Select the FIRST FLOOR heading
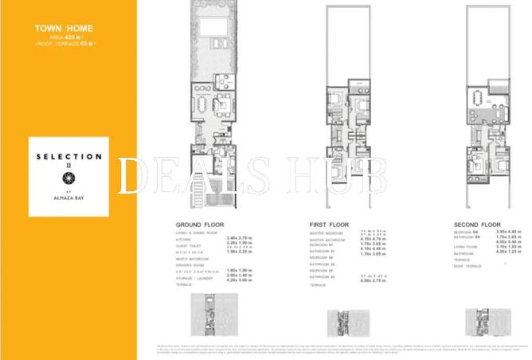pos(330,225)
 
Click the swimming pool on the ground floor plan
pos(212,28)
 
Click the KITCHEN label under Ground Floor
pos(185,239)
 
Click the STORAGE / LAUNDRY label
pos(194,276)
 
